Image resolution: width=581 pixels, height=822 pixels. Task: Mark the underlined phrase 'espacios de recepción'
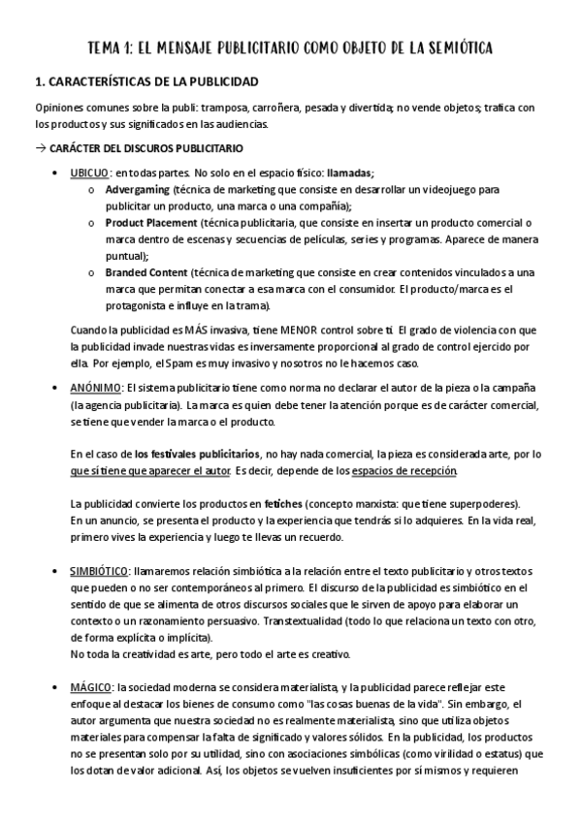click(409, 470)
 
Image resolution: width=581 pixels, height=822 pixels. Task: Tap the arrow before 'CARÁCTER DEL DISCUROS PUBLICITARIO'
click(40, 148)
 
